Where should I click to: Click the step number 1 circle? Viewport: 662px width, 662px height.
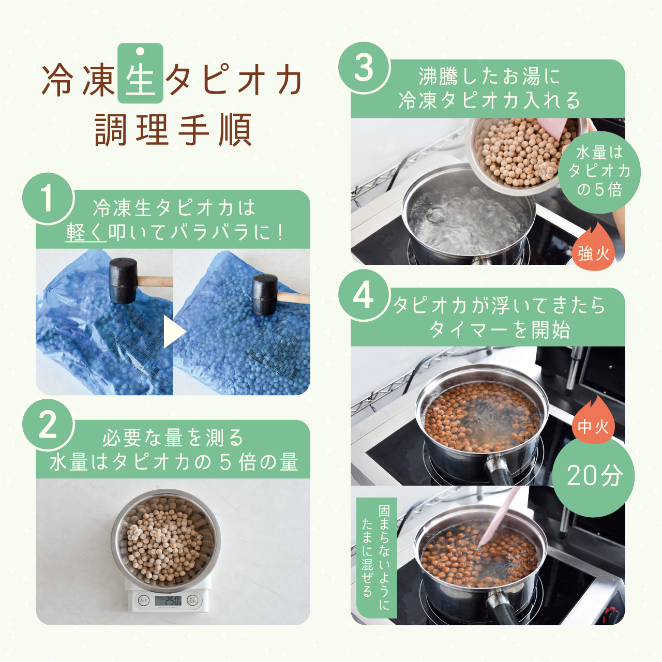click(48, 199)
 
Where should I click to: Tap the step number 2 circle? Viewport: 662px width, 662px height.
click(48, 426)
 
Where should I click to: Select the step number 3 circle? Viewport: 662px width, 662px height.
click(364, 68)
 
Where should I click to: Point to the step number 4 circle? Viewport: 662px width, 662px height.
click(364, 296)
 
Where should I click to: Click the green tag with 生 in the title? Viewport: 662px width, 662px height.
click(140, 73)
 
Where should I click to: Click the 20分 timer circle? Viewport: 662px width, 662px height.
click(594, 475)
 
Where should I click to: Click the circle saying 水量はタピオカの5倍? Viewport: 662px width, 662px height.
click(599, 171)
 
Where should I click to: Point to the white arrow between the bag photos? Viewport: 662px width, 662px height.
click(173, 332)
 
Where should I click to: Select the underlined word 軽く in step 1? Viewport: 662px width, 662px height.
click(86, 232)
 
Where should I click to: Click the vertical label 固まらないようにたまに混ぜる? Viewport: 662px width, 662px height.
click(376, 558)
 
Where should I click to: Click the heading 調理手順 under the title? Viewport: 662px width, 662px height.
click(173, 129)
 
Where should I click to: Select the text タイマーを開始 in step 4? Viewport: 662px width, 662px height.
click(499, 329)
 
